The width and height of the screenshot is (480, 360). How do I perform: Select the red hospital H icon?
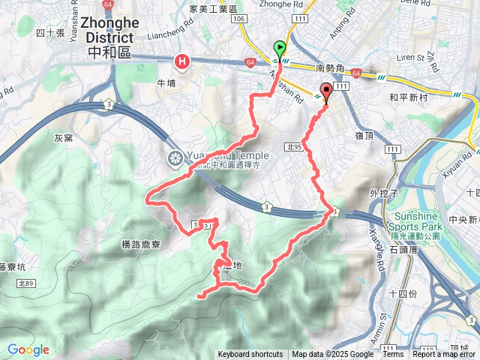click(x=181, y=61)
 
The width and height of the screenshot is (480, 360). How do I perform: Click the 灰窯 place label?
click(x=64, y=139)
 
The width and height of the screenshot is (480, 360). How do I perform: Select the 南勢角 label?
click(x=330, y=67)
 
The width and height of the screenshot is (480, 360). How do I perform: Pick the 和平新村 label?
click(x=408, y=97)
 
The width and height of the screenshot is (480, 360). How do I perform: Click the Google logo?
click(x=28, y=349)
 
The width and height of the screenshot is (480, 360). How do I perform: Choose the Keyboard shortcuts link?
click(x=250, y=355)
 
